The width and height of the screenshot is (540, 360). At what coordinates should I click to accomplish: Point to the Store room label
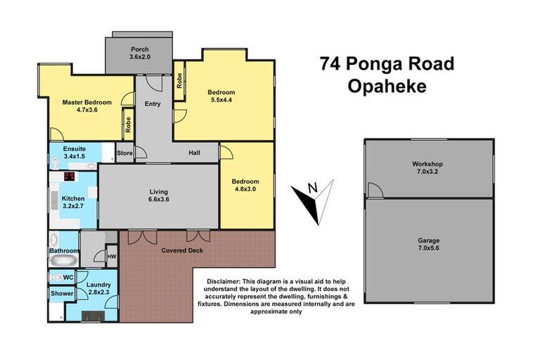pos(124,153)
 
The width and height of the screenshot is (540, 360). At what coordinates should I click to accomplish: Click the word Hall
pos(195,153)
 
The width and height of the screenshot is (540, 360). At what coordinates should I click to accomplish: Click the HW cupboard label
pos(111,257)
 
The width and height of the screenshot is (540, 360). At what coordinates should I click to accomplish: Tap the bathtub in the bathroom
pos(63,262)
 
